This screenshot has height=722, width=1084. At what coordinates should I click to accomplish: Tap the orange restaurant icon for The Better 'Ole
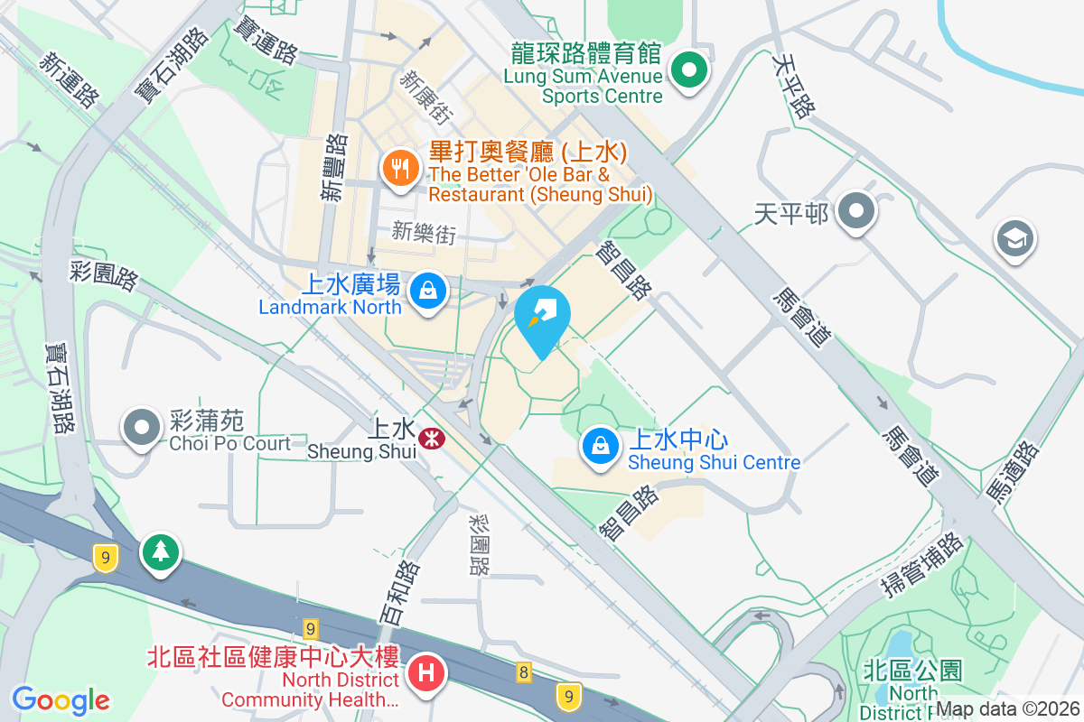click(398, 168)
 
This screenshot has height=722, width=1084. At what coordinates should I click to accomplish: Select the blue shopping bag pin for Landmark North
click(426, 292)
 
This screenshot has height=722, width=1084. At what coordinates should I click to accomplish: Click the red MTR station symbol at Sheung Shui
click(431, 438)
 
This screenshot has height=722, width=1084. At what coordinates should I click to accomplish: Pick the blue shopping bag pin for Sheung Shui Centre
click(599, 445)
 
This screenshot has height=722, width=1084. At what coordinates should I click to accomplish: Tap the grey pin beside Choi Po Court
click(140, 427)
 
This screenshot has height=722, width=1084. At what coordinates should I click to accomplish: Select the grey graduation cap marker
click(1014, 239)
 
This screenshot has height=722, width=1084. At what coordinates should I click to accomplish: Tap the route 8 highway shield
click(523, 671)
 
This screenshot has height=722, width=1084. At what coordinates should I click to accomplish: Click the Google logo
click(61, 700)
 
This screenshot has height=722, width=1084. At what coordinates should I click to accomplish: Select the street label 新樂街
click(424, 234)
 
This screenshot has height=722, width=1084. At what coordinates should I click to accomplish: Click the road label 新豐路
click(335, 167)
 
